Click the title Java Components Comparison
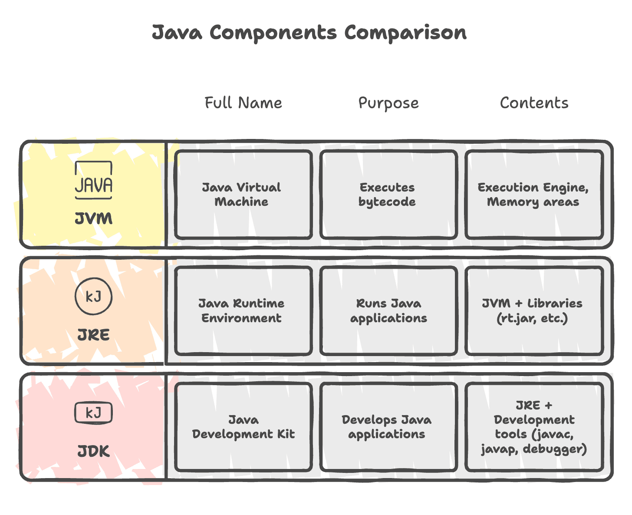click(309, 33)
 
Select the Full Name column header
click(243, 103)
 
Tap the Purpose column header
click(388, 103)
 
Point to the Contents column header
click(534, 103)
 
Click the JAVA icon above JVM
click(93, 181)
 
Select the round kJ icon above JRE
click(93, 297)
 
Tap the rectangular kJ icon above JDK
click(93, 413)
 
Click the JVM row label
click(93, 219)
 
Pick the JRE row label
click(93, 335)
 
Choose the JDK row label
click(93, 452)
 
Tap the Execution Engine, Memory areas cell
click(533, 195)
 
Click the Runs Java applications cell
click(388, 310)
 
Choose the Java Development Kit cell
click(243, 427)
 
